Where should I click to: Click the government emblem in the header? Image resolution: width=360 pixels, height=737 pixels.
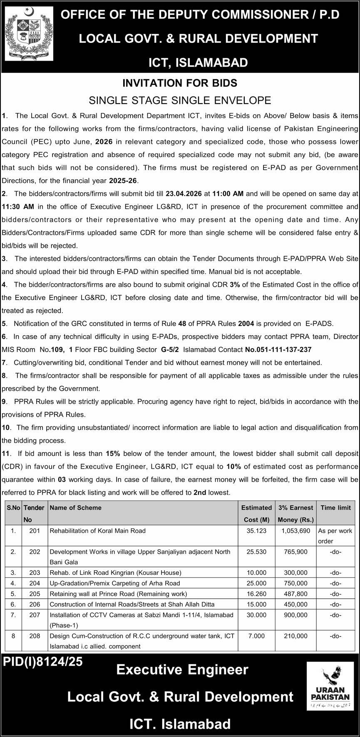(29, 35)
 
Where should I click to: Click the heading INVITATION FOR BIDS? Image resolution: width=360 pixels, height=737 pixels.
(180, 83)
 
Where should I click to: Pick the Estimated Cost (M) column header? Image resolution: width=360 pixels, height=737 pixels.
(256, 513)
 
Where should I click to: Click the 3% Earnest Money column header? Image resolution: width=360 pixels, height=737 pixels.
(295, 513)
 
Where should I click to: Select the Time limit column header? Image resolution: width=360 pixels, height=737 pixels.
(335, 507)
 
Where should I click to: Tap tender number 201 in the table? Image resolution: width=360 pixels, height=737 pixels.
(35, 531)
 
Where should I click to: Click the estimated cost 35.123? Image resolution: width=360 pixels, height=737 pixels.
(256, 531)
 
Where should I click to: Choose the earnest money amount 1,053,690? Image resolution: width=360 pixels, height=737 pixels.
(295, 531)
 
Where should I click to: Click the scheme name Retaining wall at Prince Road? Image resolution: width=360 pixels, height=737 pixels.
(118, 594)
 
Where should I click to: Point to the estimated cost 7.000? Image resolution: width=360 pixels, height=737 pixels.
(256, 636)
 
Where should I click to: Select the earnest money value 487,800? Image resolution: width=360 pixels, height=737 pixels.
(295, 594)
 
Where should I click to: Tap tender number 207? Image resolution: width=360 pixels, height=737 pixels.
(35, 615)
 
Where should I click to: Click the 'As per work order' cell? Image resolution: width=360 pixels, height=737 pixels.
(335, 536)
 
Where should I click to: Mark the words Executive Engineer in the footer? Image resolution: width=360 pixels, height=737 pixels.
(182, 670)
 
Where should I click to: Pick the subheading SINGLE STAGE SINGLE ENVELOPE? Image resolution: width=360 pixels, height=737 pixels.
(180, 100)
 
